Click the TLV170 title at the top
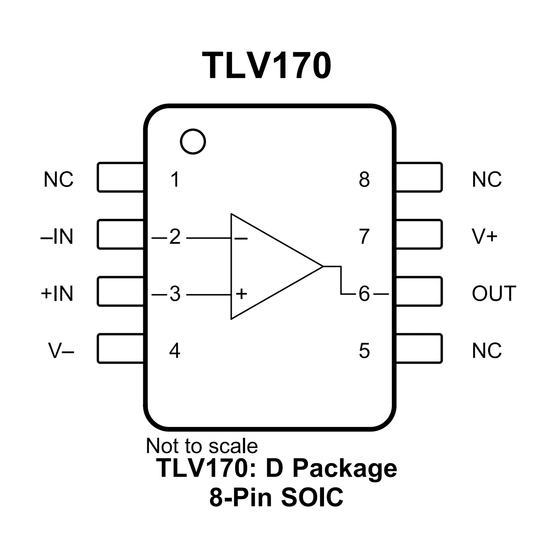(x=267, y=65)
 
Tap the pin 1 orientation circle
(x=193, y=141)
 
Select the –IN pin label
(x=57, y=237)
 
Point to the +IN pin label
(x=57, y=293)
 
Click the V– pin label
(x=61, y=351)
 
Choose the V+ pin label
(x=484, y=236)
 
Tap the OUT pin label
(x=494, y=293)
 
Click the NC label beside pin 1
(x=58, y=179)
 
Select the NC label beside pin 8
(x=487, y=179)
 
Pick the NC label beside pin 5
(x=487, y=351)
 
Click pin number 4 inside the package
(x=175, y=351)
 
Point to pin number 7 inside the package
(x=364, y=237)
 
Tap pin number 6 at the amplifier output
(x=364, y=294)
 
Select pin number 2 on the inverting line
(x=175, y=237)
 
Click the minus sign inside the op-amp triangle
(x=241, y=238)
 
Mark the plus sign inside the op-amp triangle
(x=241, y=294)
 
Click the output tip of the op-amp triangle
(x=322, y=266)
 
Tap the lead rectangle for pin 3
(x=120, y=291)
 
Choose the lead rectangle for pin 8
(x=419, y=177)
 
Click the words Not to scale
(x=202, y=446)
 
